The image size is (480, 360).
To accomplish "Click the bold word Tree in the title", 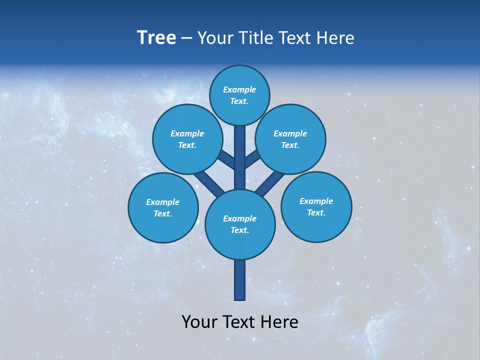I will (x=156, y=38).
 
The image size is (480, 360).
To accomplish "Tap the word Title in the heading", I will (x=254, y=38).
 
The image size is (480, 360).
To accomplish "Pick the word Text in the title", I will (x=296, y=38).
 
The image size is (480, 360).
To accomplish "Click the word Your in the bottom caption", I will (x=200, y=322).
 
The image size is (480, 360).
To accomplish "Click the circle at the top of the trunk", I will (x=239, y=95).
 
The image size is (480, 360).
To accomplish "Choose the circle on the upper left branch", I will (x=187, y=139).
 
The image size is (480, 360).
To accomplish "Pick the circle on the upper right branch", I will (x=290, y=139).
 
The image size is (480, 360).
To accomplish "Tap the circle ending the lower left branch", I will (x=163, y=207).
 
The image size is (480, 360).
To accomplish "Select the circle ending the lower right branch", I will (x=316, y=206).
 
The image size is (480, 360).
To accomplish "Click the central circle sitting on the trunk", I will (x=240, y=224).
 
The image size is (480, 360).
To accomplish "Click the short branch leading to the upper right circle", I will (x=252, y=159).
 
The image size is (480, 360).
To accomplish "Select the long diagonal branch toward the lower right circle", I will (x=269, y=183).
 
